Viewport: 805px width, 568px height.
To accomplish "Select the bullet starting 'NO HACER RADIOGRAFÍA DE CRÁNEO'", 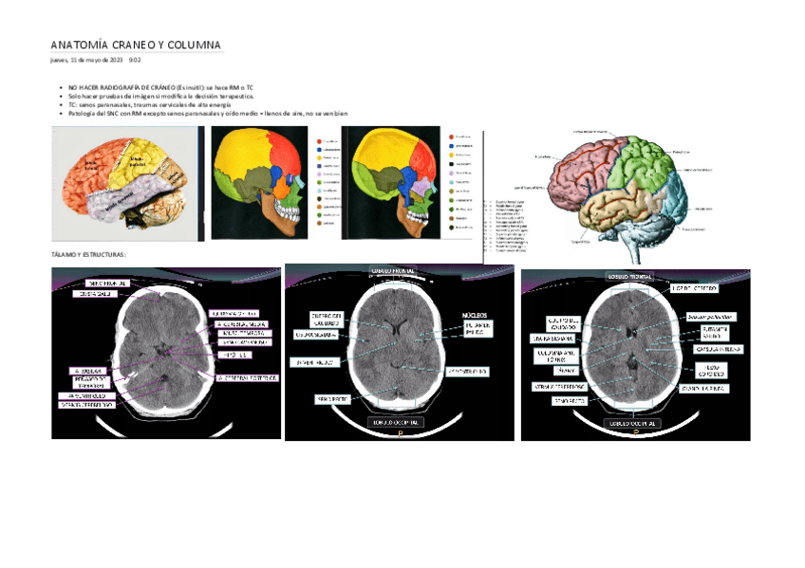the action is click(160, 86).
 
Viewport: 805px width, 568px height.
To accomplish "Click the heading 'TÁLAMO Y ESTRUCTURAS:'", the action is click(87, 255).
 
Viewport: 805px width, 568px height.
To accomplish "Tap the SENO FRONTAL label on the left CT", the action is click(107, 283).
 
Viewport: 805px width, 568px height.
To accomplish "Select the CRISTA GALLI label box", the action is click(94, 294).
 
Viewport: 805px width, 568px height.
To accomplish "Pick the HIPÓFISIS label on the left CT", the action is click(234, 355).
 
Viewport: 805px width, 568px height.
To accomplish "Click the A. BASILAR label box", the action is click(88, 370).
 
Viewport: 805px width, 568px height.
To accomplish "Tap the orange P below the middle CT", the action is click(400, 433).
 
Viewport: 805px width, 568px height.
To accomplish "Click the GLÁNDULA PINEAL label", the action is click(703, 389).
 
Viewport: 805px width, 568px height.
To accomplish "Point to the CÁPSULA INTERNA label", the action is click(720, 349).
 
